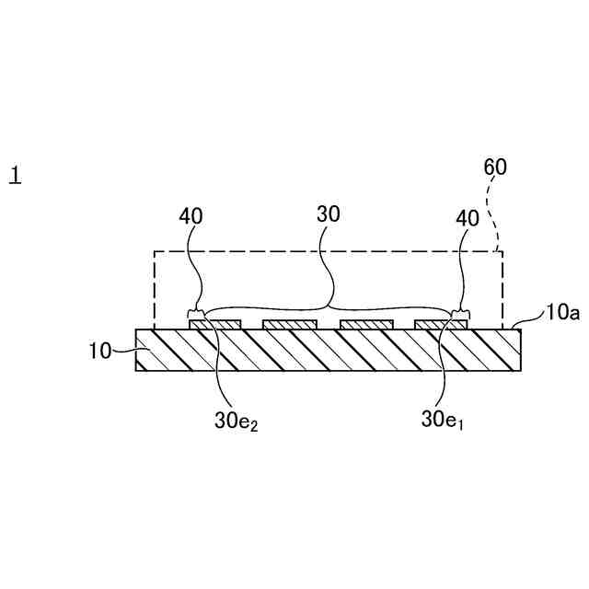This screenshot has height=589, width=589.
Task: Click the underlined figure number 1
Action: tap(15, 174)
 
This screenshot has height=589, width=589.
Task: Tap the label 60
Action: tap(495, 167)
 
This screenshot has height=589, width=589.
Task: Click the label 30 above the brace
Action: tap(329, 214)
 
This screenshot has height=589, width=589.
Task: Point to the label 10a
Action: tap(561, 313)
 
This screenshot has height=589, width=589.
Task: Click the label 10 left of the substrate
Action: tap(99, 350)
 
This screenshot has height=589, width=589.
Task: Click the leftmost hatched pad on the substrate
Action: tap(215, 325)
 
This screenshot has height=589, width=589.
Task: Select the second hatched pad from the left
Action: tap(290, 325)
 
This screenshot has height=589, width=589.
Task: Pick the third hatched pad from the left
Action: tap(366, 325)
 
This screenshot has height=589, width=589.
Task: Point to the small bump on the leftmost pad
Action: tap(196, 316)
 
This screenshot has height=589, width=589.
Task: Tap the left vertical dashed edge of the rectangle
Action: tap(154, 290)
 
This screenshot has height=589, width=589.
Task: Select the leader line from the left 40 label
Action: tap(191, 267)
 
